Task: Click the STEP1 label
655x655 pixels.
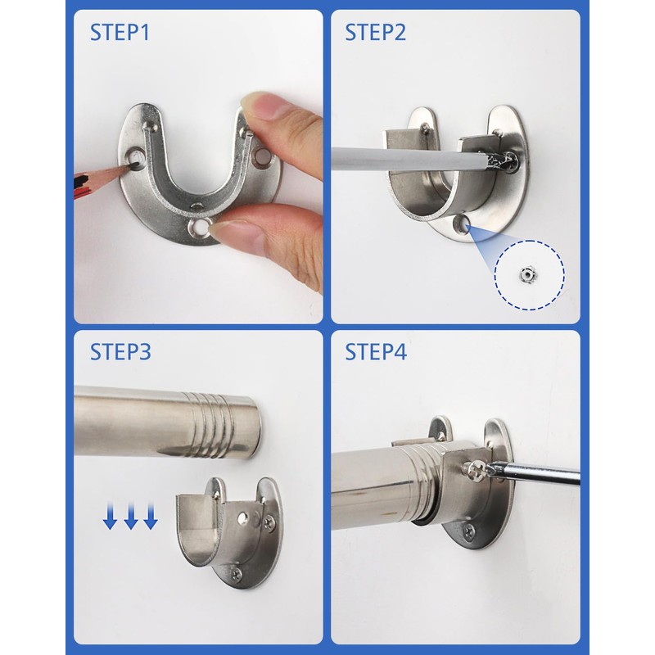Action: coord(120,34)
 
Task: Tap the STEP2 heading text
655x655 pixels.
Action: coord(375,34)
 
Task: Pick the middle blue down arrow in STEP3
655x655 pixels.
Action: coord(131,517)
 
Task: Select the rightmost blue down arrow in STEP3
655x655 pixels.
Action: coord(150,517)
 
